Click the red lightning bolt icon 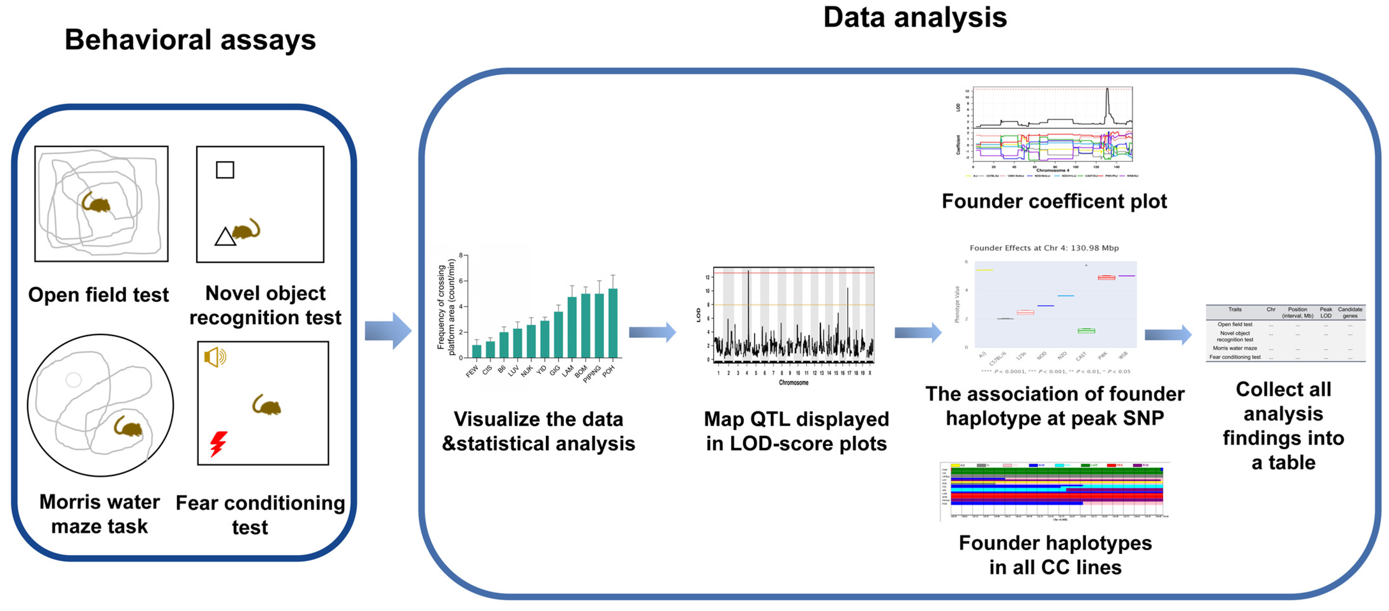pyautogui.click(x=218, y=443)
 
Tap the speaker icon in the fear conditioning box pyautogui.click(x=215, y=357)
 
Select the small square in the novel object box pyautogui.click(x=225, y=170)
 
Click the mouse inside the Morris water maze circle pyautogui.click(x=128, y=427)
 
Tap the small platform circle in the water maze pyautogui.click(x=73, y=380)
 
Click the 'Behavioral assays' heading pyautogui.click(x=190, y=40)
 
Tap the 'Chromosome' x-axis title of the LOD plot pyautogui.click(x=793, y=382)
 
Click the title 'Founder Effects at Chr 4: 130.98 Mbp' pyautogui.click(x=1044, y=248)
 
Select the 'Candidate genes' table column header pyautogui.click(x=1350, y=312)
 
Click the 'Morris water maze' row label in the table pyautogui.click(x=1235, y=348)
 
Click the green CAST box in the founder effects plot pyautogui.click(x=1086, y=330)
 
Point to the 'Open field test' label pyautogui.click(x=98, y=295)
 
